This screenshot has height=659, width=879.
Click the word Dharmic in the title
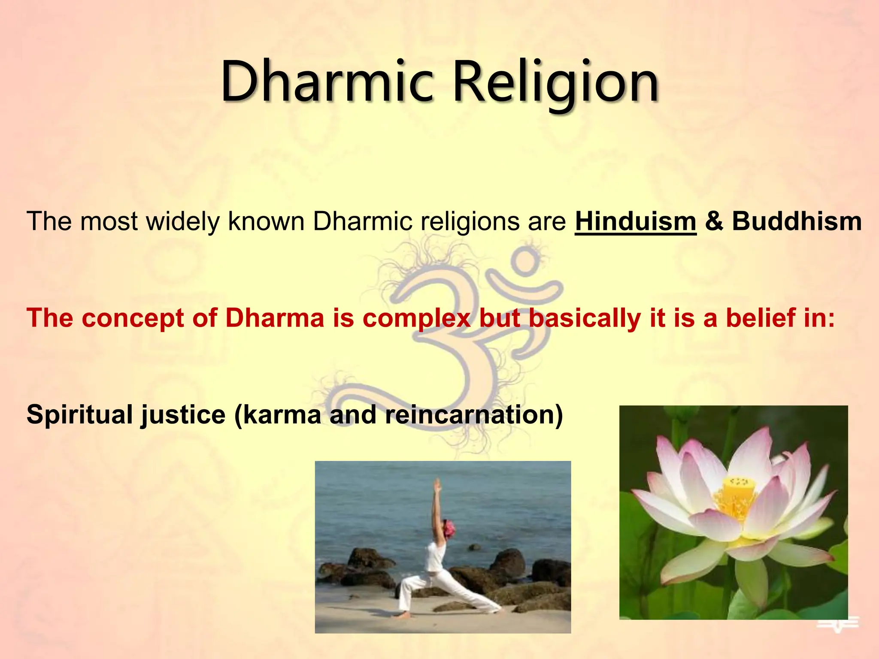(326, 82)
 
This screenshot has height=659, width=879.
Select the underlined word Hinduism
(635, 222)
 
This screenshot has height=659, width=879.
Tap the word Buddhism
(797, 222)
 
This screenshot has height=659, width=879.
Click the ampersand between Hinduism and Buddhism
(714, 222)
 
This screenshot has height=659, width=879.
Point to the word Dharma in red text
(275, 318)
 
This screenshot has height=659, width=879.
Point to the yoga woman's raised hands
(436, 485)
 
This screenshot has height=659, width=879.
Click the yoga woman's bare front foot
(403, 615)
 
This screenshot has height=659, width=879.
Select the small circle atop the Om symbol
(524, 261)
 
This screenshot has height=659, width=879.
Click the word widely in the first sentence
(183, 222)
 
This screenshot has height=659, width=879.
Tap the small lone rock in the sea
(474, 547)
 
